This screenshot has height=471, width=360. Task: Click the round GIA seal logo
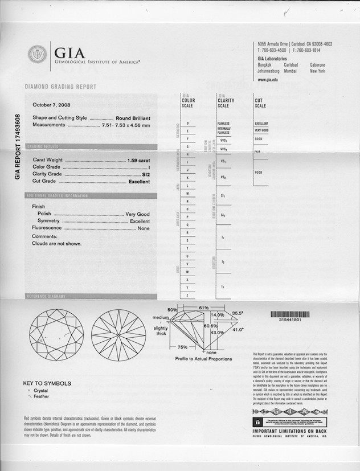[x=38, y=55]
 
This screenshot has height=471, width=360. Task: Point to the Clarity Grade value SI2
[x=146, y=174]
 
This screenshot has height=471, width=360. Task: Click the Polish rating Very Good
[x=137, y=214]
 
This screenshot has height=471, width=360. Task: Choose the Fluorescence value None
[x=144, y=228]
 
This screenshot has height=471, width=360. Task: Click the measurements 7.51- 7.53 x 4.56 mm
[x=126, y=125]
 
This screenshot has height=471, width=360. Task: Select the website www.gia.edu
[x=268, y=80]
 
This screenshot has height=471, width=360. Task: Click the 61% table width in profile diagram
[x=203, y=308]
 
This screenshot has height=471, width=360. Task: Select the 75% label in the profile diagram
[x=182, y=346]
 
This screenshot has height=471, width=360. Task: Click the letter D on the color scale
[x=187, y=123]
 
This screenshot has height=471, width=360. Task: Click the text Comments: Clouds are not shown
[x=56, y=240]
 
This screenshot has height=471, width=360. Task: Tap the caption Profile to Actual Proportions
[x=203, y=359]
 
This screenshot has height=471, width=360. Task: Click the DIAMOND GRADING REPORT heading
[x=60, y=87]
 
